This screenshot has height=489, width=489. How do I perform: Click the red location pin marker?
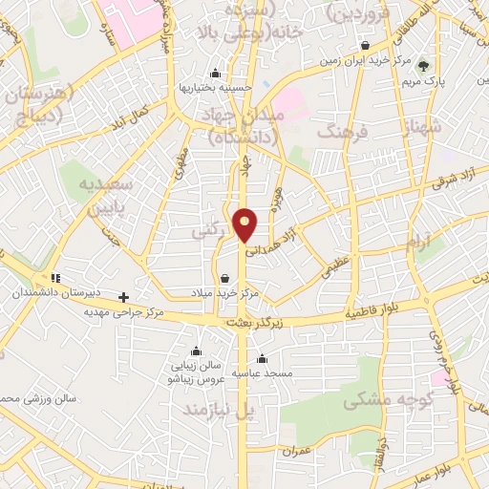(246, 224)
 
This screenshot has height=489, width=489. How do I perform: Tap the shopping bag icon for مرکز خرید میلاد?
(224, 279)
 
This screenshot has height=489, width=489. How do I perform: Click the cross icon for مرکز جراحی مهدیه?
(123, 297)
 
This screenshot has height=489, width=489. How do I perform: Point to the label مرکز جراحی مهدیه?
(123, 311)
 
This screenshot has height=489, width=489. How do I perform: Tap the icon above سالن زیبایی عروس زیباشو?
(196, 350)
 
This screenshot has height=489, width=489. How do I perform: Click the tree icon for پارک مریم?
(424, 66)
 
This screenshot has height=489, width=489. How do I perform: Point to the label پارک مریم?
(425, 80)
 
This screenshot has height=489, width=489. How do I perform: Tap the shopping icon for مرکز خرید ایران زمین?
(365, 46)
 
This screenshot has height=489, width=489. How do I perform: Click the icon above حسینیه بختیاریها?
(215, 74)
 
